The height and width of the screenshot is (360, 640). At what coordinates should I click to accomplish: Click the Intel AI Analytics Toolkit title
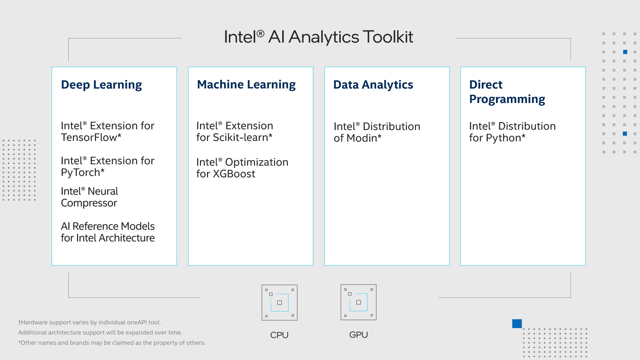(x=318, y=37)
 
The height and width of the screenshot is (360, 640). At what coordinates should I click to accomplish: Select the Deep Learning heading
(x=101, y=85)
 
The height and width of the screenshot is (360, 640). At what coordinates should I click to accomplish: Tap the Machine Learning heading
(x=246, y=85)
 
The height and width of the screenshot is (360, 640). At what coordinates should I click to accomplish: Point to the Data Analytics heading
(x=373, y=85)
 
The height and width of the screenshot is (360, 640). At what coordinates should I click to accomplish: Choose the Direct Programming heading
(x=507, y=92)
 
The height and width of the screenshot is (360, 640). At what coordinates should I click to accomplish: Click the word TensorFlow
(x=89, y=137)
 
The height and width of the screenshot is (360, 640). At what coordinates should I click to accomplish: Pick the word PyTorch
(x=80, y=173)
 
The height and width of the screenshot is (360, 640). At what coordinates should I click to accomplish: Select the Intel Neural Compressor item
(x=89, y=197)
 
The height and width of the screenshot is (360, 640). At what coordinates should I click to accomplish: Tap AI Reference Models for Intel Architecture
(x=108, y=232)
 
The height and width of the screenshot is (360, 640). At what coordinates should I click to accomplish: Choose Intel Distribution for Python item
(x=512, y=132)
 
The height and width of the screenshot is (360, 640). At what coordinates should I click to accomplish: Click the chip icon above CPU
(x=279, y=302)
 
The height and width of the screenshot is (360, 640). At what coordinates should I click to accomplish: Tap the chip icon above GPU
(x=358, y=302)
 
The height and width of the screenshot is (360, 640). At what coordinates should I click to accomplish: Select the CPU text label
(x=279, y=335)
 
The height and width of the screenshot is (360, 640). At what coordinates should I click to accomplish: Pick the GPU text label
(x=358, y=335)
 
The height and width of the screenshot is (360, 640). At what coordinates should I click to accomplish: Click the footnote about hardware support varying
(x=90, y=322)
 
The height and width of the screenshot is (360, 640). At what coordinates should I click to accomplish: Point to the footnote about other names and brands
(x=112, y=343)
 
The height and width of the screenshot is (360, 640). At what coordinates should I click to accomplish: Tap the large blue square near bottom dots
(x=517, y=324)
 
